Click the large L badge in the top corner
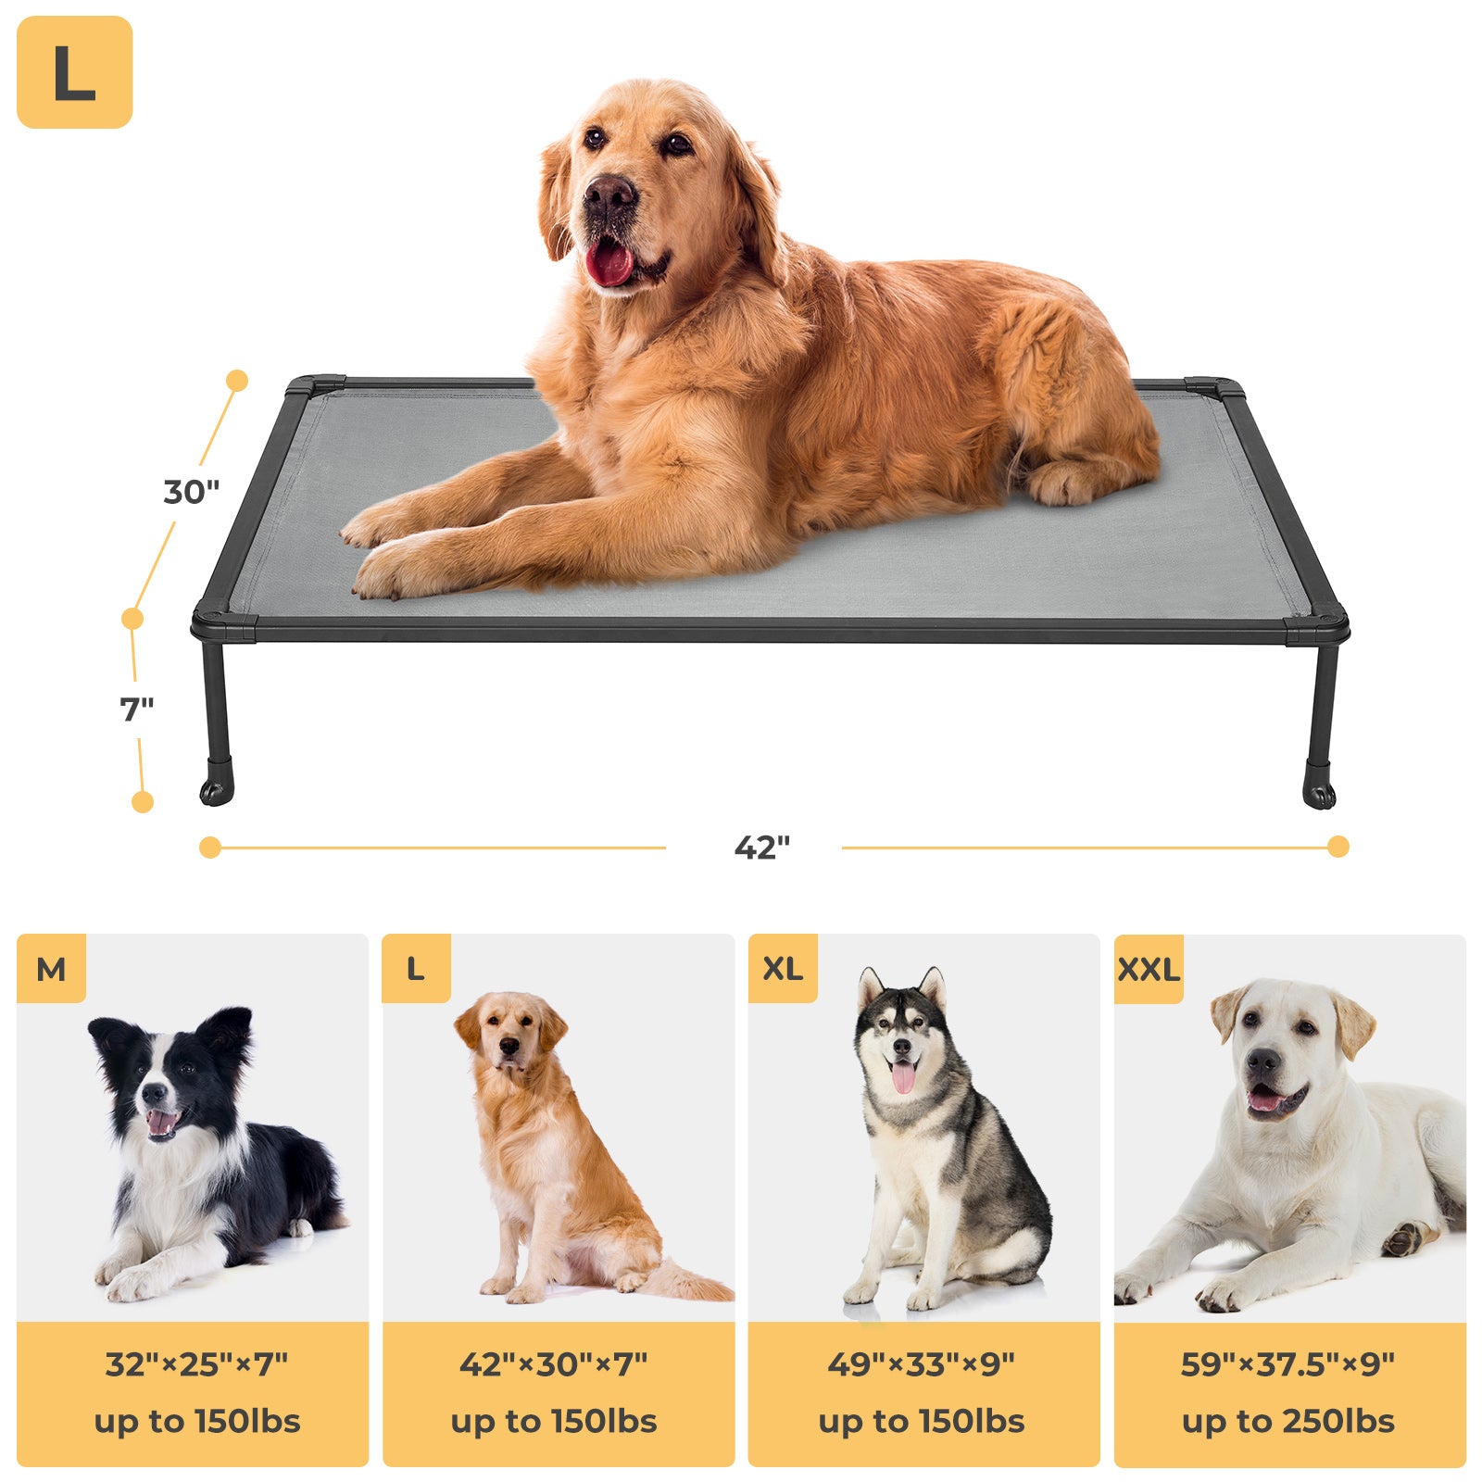(74, 72)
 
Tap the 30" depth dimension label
(191, 492)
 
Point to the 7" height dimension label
(136, 710)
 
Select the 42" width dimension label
(761, 848)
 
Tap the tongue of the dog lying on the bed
(609, 264)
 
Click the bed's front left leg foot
(216, 791)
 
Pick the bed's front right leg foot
(1319, 794)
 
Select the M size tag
(51, 969)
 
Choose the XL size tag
(783, 969)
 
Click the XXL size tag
(1149, 970)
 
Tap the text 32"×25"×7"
(196, 1364)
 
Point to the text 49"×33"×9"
(922, 1364)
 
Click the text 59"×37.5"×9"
(1287, 1364)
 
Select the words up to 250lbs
(1287, 1422)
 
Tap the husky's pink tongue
(903, 1077)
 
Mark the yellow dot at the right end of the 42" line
(1338, 847)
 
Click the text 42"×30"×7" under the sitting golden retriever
(554, 1364)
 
